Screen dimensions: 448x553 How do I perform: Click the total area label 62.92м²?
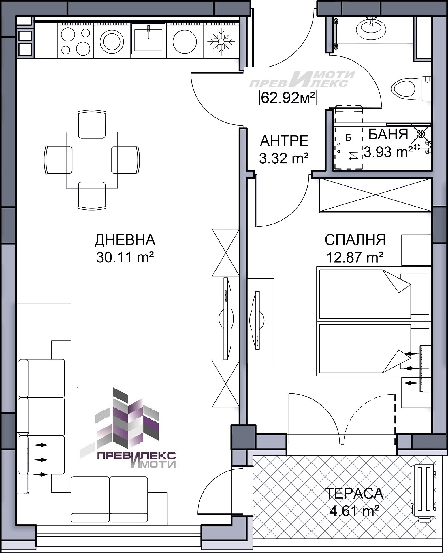[x=288, y=98]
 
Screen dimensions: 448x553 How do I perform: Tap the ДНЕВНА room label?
[x=125, y=240]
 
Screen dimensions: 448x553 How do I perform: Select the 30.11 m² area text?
[x=125, y=257]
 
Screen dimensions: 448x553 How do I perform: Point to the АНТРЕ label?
[x=284, y=141]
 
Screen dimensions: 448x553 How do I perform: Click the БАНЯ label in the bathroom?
[x=388, y=134]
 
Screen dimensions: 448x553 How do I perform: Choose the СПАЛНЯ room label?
[x=355, y=240]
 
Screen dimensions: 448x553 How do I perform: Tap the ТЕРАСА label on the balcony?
[x=354, y=493]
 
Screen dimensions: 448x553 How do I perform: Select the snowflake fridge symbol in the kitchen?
[x=221, y=41]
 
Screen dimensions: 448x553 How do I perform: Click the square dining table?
[x=92, y=160]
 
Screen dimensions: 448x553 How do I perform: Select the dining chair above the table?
[x=92, y=124]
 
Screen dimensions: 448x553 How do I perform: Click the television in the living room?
[x=227, y=319]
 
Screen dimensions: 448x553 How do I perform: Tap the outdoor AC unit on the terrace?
[x=423, y=491]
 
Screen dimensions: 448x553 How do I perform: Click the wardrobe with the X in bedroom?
[x=375, y=195]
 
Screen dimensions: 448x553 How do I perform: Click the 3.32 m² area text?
[x=284, y=158]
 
